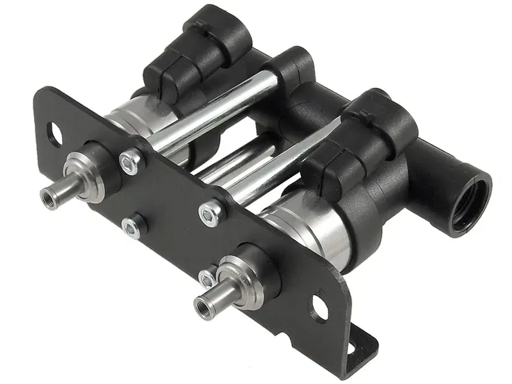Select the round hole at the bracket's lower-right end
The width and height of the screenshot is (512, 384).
pos(319,307)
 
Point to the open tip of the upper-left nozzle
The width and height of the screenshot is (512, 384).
pos(48,197)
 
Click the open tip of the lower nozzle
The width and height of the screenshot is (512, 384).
pos(200,301)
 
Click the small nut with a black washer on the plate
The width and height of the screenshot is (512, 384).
pos(131,227)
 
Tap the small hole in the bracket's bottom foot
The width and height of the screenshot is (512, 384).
pos(350,348)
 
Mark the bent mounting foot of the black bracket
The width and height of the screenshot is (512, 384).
pos(355,346)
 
